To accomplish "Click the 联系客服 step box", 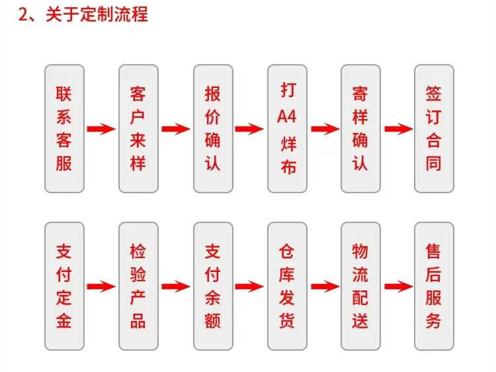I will [64, 128].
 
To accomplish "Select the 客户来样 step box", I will [138, 128].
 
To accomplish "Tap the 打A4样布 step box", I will [287, 128].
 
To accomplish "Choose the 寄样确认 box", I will [360, 128].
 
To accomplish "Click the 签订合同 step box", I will [434, 128].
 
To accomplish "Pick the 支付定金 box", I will [64, 286].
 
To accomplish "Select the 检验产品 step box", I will [138, 286].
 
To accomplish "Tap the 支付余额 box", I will [213, 286].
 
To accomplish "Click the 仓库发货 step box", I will [287, 286].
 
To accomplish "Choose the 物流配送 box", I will [360, 286].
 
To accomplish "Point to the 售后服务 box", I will [434, 286].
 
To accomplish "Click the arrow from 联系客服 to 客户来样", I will [101, 129].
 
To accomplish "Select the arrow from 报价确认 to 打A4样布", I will [249, 129].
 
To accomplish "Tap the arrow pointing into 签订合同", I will [398, 129].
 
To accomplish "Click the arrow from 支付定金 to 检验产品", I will [101, 287].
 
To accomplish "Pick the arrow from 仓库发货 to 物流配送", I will [324, 287].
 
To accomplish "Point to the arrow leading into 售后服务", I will [398, 287].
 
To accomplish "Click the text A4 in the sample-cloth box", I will [287, 118].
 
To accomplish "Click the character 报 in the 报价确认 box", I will [213, 93].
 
